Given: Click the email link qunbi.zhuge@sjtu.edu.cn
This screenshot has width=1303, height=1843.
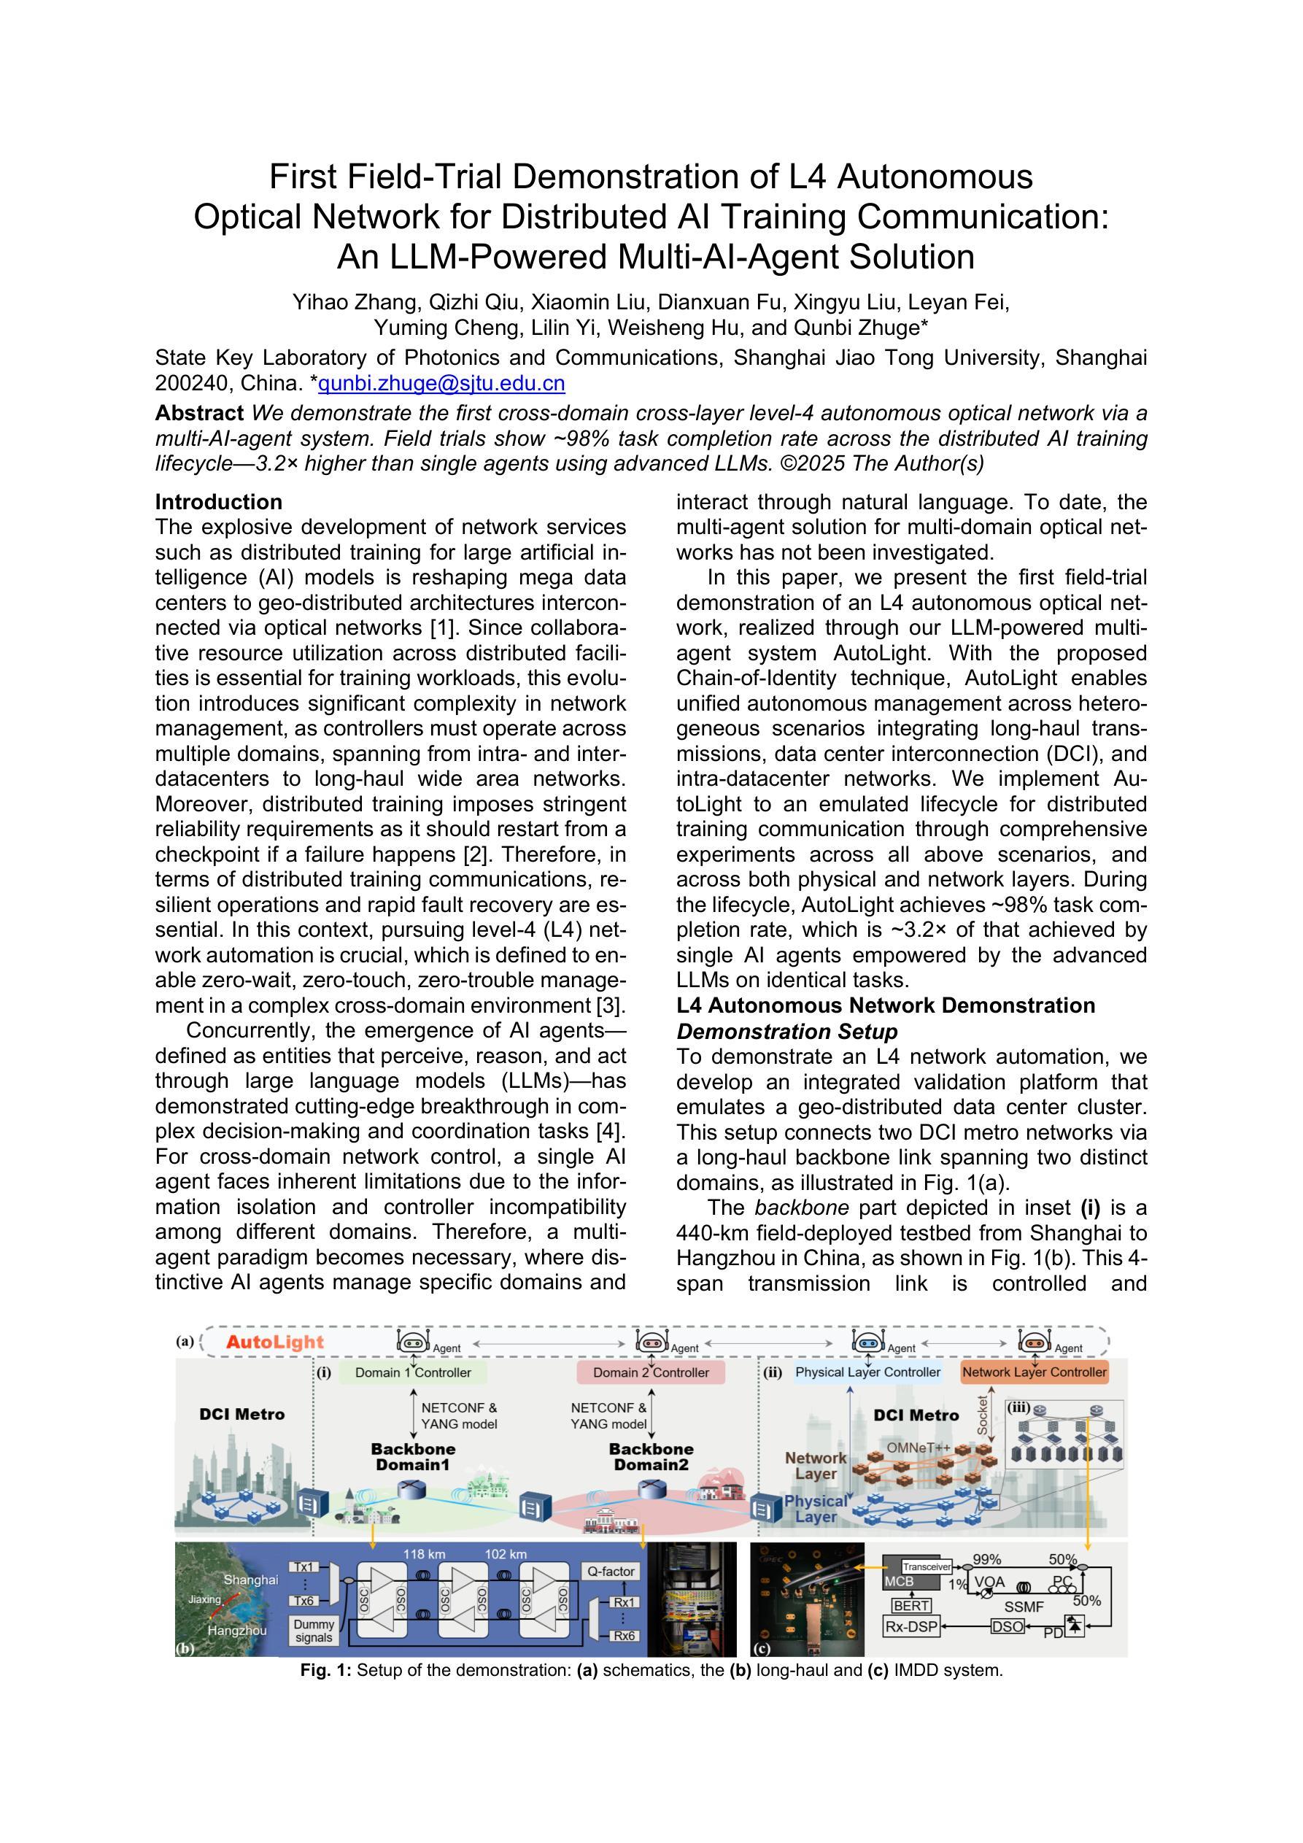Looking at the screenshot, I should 441,384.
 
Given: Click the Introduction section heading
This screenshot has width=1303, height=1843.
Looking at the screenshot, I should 218,502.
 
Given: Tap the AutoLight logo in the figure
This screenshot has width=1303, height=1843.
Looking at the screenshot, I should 274,1342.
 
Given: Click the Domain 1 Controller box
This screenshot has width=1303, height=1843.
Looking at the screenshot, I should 414,1372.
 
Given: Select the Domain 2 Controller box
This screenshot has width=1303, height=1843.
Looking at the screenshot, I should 651,1372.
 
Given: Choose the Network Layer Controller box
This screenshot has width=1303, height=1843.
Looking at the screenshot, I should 1034,1372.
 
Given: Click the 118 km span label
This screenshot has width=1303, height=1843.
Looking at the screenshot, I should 424,1554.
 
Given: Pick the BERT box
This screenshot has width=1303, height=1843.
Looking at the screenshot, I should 912,1605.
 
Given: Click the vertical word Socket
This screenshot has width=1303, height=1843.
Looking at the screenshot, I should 982,1415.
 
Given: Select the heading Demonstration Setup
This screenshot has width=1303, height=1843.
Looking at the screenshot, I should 786,1032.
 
